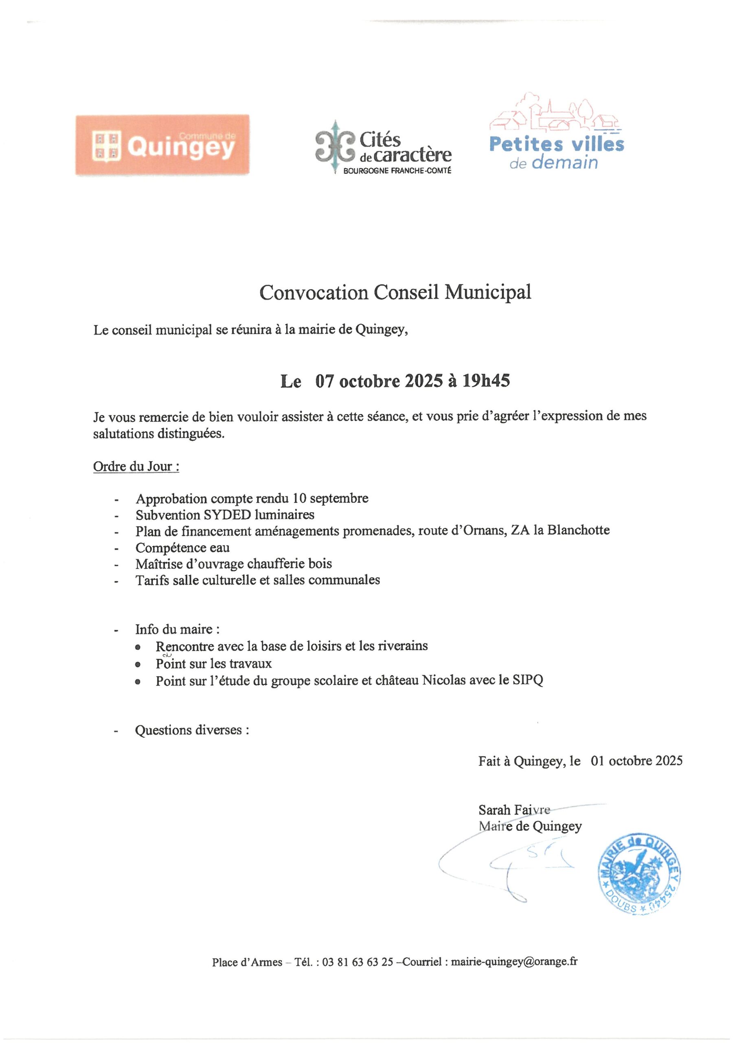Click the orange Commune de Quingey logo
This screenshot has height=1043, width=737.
pos(162,145)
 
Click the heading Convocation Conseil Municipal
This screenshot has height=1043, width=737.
pos(395,292)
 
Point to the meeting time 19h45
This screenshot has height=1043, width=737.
pos(485,381)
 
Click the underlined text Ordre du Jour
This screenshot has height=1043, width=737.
pos(135,466)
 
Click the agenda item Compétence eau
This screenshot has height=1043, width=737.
pos(182,548)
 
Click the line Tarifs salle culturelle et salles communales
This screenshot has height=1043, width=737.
pos(257,580)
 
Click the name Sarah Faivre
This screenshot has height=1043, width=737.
pos(514,810)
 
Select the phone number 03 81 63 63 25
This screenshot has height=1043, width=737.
pos(358,962)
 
